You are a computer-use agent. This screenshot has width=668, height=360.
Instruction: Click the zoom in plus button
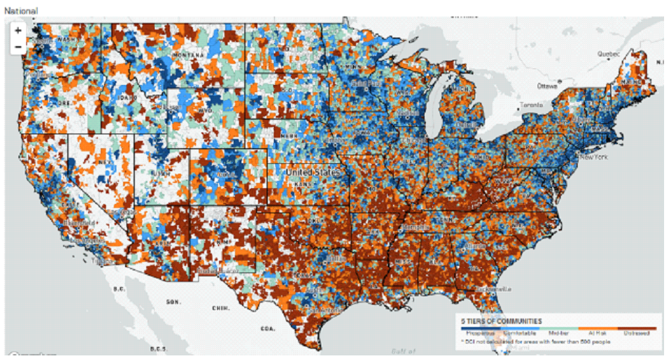[18, 30]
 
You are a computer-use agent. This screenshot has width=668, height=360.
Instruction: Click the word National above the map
[20, 11]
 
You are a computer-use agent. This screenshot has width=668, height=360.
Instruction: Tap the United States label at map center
[313, 172]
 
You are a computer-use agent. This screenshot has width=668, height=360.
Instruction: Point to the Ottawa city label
[547, 86]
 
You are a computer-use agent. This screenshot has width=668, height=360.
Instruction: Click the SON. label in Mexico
[173, 301]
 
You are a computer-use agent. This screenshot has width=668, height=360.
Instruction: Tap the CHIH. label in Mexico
[219, 307]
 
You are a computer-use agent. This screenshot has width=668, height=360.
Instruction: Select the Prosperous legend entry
[476, 334]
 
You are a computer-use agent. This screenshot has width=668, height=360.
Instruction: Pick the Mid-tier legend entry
[558, 334]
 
